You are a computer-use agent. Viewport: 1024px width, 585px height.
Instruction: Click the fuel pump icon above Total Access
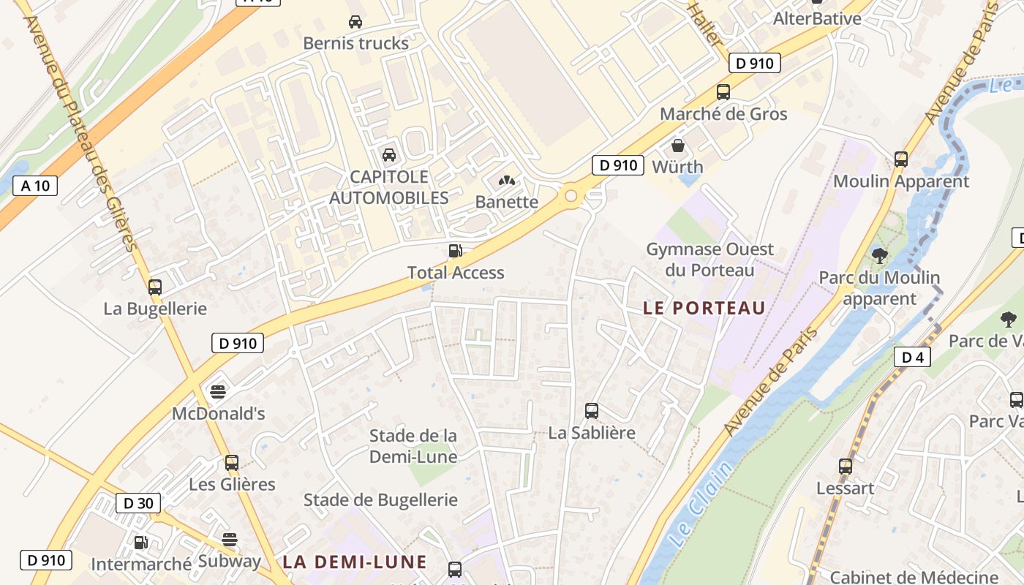[455, 251]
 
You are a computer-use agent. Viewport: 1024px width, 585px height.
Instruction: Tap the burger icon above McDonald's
[218, 391]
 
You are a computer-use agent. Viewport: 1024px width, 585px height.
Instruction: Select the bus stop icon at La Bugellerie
[154, 287]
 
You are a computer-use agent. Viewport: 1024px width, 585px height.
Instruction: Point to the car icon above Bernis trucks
[355, 22]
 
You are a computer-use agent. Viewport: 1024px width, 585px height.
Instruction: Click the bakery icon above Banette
[506, 180]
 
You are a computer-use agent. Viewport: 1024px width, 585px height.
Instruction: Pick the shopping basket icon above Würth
[678, 145]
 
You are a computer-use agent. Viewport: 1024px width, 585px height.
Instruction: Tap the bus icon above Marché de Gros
[723, 92]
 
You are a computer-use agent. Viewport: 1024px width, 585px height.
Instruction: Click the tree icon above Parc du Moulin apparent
[879, 255]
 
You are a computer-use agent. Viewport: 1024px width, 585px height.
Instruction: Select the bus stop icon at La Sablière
[592, 411]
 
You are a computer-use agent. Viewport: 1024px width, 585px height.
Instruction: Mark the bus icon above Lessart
[846, 466]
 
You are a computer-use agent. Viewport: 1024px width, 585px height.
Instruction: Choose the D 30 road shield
[138, 503]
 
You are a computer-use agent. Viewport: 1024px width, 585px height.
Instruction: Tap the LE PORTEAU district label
[704, 308]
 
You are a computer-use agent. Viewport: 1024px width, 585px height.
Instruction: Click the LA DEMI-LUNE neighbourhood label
[355, 562]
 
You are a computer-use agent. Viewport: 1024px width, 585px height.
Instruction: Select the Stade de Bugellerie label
[380, 500]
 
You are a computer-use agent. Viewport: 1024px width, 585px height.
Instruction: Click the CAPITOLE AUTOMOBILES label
[388, 187]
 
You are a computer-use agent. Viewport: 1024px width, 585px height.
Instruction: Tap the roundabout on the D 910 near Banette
[571, 195]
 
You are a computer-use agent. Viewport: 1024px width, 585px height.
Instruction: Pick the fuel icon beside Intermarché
[140, 543]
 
